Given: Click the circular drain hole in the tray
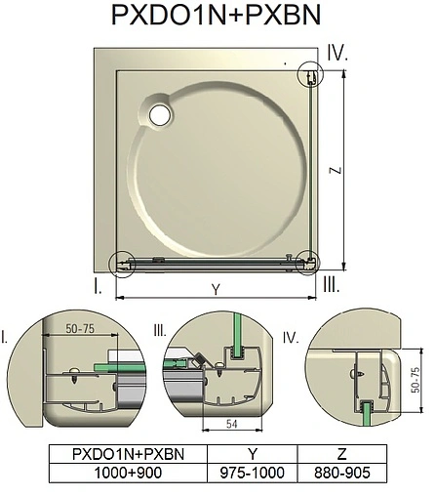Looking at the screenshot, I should tap(159, 113).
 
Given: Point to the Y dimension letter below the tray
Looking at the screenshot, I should tap(214, 289).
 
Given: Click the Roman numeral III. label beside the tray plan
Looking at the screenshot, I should tap(331, 285).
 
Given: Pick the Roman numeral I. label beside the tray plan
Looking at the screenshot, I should tap(99, 286).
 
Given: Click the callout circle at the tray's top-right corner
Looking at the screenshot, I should tap(309, 75).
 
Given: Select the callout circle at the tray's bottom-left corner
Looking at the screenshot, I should tap(122, 262).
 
